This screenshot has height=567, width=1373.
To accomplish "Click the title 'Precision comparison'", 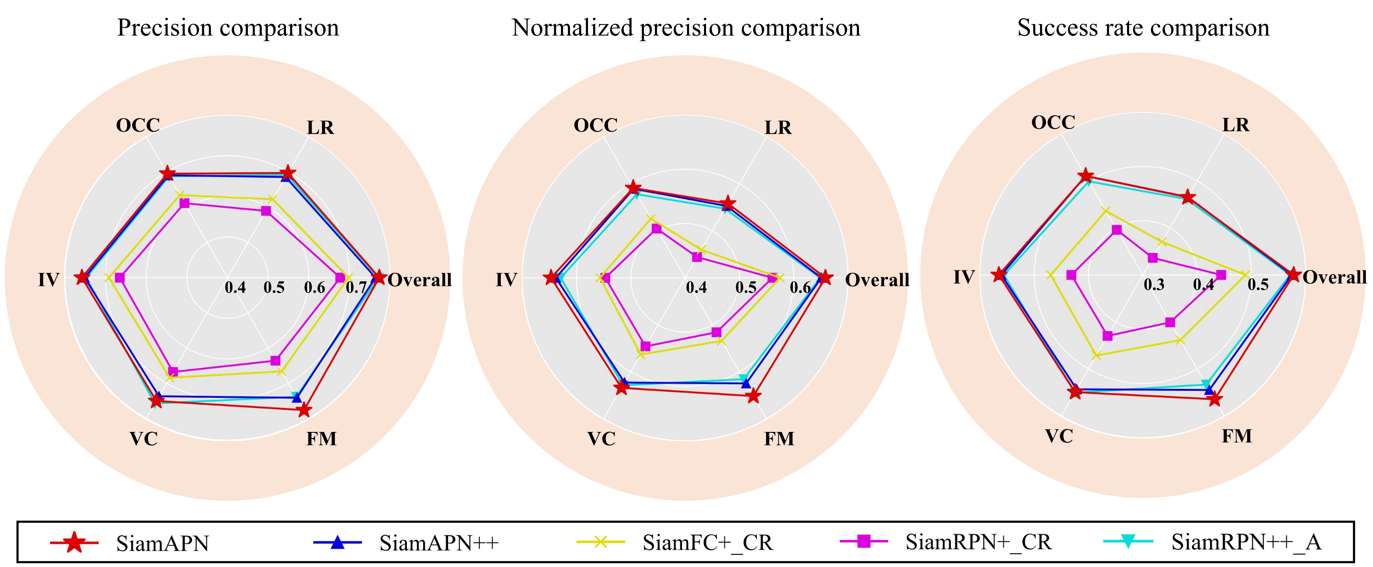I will [x=228, y=28].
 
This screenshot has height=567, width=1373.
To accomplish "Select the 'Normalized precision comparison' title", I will [x=685, y=28].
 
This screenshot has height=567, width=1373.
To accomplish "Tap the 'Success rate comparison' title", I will [x=1143, y=28].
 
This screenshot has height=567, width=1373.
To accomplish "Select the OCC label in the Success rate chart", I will [x=1053, y=123].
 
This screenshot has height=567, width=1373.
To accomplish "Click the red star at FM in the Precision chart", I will [x=303, y=410].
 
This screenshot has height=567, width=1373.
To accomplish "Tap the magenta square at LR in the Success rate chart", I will [x=1152, y=258].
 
